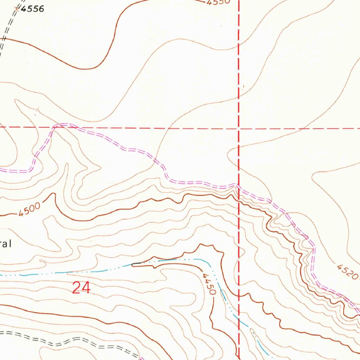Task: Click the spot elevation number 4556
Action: tap(32, 9)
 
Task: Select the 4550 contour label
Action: tap(218, 2)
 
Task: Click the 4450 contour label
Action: tap(208, 284)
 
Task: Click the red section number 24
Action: tap(81, 288)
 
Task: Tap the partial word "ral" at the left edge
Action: tap(6, 244)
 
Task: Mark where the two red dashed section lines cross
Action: tap(239, 128)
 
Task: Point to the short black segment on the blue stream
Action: tap(137, 263)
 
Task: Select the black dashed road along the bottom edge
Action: tap(70, 341)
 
